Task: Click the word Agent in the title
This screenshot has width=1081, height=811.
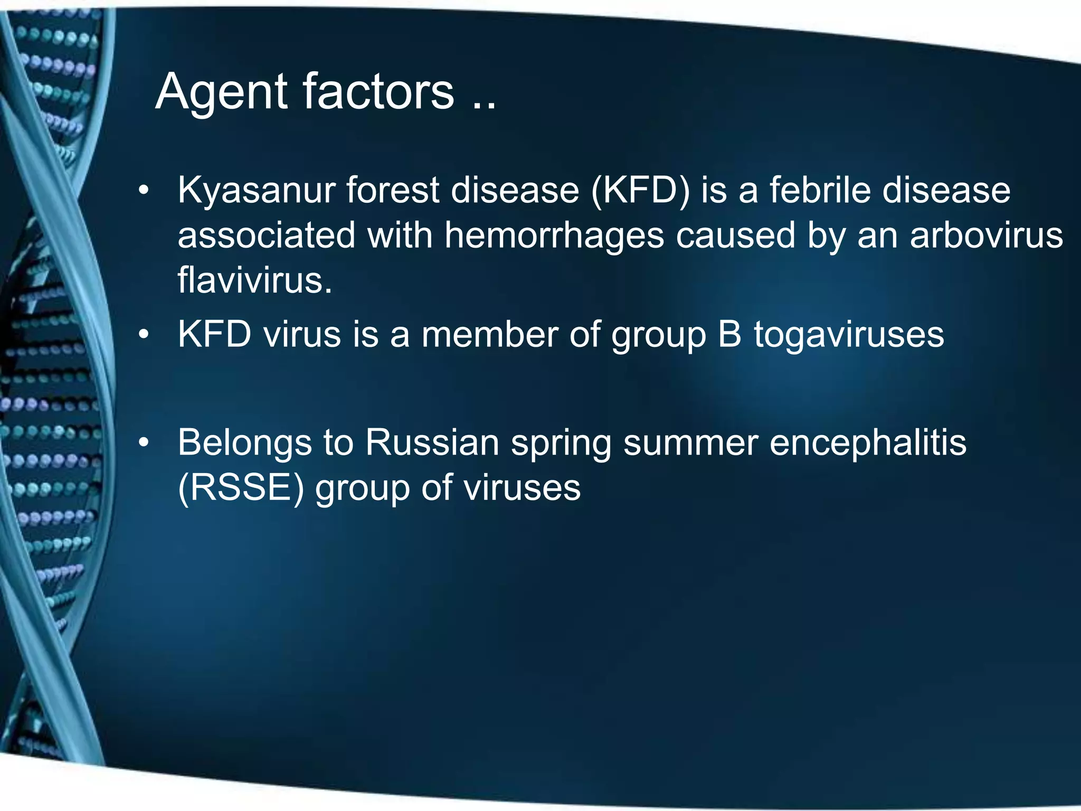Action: (x=221, y=93)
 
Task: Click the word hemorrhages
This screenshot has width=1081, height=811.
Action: (x=554, y=235)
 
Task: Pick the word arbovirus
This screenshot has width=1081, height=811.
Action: (x=986, y=235)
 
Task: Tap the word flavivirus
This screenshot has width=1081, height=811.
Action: (x=255, y=280)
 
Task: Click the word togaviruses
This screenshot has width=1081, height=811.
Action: (x=849, y=335)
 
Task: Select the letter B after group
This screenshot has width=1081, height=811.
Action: (x=729, y=334)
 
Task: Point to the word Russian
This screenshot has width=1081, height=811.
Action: (x=432, y=442)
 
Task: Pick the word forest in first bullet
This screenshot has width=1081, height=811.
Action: (x=392, y=190)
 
